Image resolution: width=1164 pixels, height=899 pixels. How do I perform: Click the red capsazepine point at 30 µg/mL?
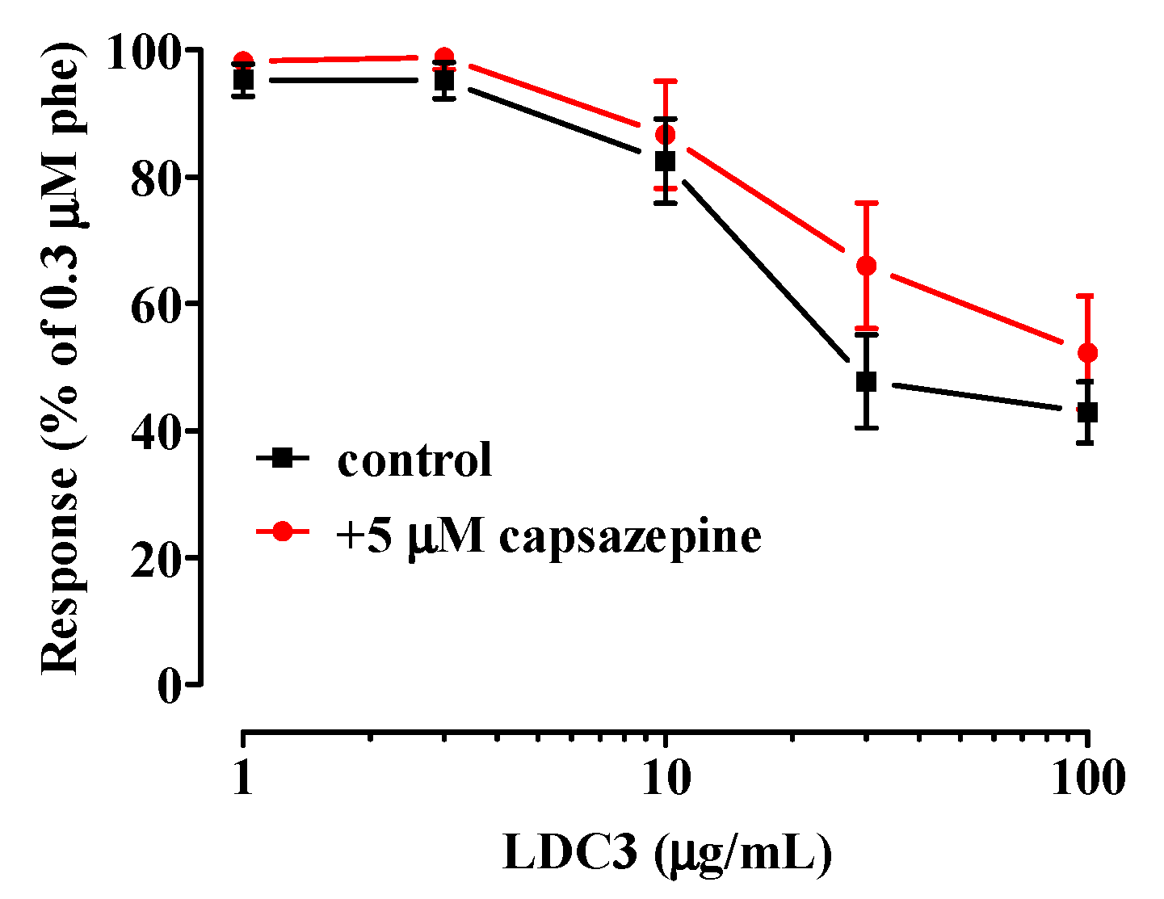(866, 266)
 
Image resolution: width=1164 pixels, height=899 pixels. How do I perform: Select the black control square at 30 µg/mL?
(866, 381)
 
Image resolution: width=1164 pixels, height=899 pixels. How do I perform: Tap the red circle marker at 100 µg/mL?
(1088, 353)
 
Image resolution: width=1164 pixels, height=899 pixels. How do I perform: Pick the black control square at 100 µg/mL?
(1088, 413)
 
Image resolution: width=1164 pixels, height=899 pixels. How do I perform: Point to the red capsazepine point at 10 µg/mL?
(665, 134)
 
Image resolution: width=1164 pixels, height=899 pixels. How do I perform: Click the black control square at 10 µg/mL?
(665, 161)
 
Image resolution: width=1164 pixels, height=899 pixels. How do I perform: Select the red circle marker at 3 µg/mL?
(443, 57)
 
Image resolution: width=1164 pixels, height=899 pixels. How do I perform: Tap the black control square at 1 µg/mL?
(243, 80)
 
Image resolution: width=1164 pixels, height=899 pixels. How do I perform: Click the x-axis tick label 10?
(665, 779)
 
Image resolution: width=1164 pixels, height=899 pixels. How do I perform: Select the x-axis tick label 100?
(1088, 779)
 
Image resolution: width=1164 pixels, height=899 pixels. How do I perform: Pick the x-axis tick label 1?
(243, 779)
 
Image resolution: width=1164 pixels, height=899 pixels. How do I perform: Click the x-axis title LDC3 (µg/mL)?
(666, 854)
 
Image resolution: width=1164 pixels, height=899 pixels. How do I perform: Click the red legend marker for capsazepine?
(282, 531)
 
